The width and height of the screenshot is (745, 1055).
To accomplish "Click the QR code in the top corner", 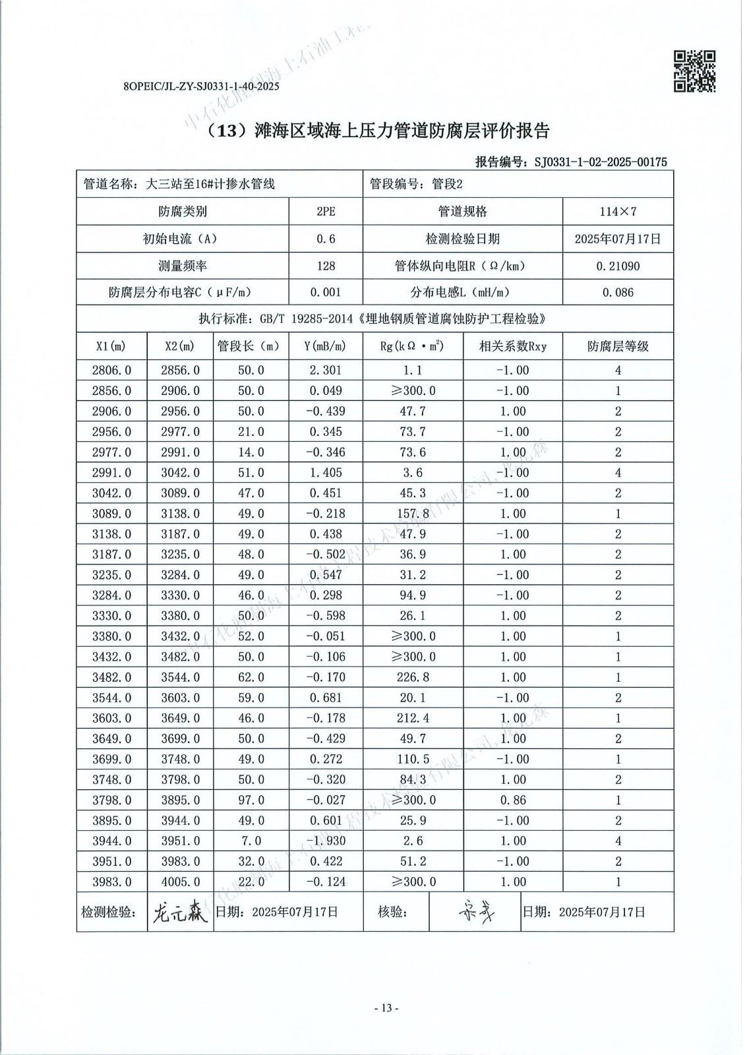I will click(694, 71).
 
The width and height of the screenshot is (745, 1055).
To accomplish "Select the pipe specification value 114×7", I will click(618, 212).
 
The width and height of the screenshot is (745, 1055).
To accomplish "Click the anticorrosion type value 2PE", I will click(326, 212).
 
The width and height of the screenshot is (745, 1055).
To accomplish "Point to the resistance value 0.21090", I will click(618, 266).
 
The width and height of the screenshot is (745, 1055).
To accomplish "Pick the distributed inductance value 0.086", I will click(618, 293).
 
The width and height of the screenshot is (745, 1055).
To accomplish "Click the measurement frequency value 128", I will click(326, 266).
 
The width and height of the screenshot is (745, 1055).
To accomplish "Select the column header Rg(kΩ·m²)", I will click(412, 346).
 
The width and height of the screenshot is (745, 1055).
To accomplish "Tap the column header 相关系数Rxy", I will click(512, 346).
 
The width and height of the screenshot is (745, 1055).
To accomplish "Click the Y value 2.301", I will click(326, 371).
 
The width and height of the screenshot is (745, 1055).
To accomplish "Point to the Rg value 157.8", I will click(412, 514).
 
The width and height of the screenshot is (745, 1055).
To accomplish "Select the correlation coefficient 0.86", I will click(512, 800).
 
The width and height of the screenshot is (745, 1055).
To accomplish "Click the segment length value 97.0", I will click(251, 800).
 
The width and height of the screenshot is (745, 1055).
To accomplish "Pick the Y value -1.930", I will click(326, 841).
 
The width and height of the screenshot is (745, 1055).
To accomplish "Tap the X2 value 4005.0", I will click(180, 882).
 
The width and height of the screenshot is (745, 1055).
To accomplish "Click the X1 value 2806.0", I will click(111, 371).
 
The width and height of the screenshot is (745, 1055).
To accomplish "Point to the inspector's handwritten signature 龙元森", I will click(179, 913).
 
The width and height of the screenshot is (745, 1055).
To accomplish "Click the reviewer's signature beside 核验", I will click(475, 912).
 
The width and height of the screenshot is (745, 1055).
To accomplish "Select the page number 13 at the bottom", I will click(386, 1008).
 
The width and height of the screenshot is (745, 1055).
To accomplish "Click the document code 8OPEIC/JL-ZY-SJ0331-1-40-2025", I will click(202, 86).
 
